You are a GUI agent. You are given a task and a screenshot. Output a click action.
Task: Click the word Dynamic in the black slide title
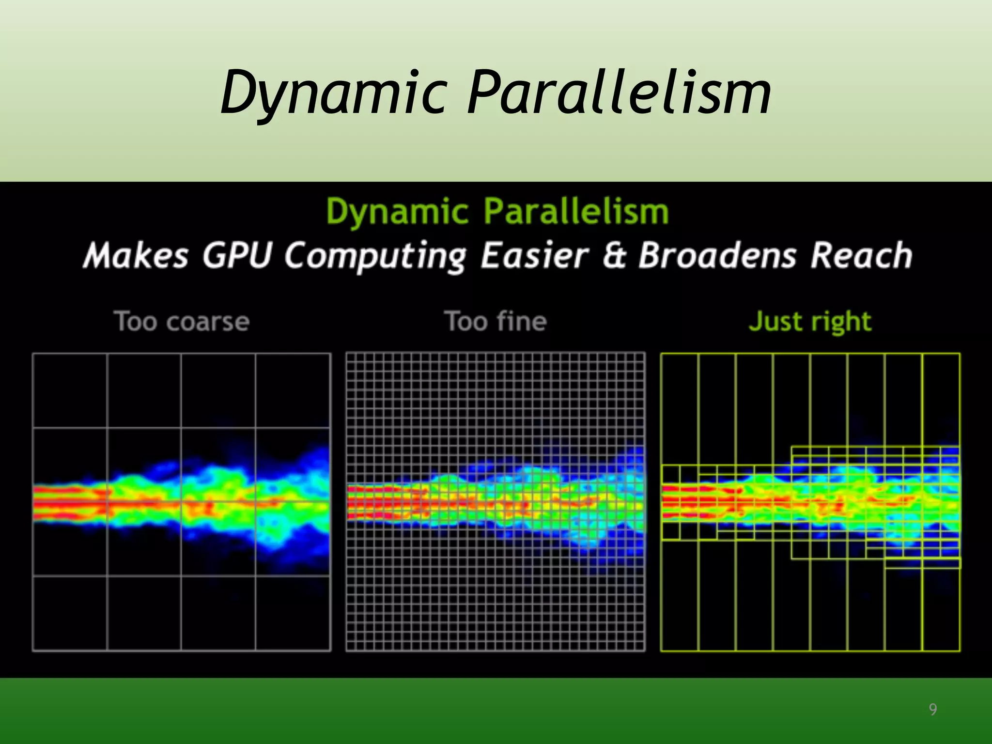(397, 212)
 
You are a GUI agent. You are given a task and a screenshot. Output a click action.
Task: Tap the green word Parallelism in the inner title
(576, 212)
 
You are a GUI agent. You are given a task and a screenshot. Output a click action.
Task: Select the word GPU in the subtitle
(237, 255)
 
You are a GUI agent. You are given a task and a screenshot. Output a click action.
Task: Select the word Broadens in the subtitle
(717, 255)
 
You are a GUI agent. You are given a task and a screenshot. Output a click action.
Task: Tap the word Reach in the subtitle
(862, 255)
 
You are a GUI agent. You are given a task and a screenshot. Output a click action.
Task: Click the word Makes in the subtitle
(136, 255)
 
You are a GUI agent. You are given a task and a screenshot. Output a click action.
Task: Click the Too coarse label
(182, 322)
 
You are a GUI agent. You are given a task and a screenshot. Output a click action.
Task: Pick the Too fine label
(496, 322)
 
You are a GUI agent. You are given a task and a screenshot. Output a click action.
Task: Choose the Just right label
(810, 322)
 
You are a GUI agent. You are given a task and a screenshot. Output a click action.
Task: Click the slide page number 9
(932, 710)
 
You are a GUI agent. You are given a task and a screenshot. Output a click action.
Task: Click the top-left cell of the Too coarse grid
(70, 390)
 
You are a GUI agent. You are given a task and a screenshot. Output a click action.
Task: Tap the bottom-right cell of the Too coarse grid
(293, 613)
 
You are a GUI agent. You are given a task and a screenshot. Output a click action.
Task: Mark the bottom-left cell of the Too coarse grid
(70, 613)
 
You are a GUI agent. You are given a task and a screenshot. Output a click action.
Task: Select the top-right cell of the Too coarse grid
(293, 390)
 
